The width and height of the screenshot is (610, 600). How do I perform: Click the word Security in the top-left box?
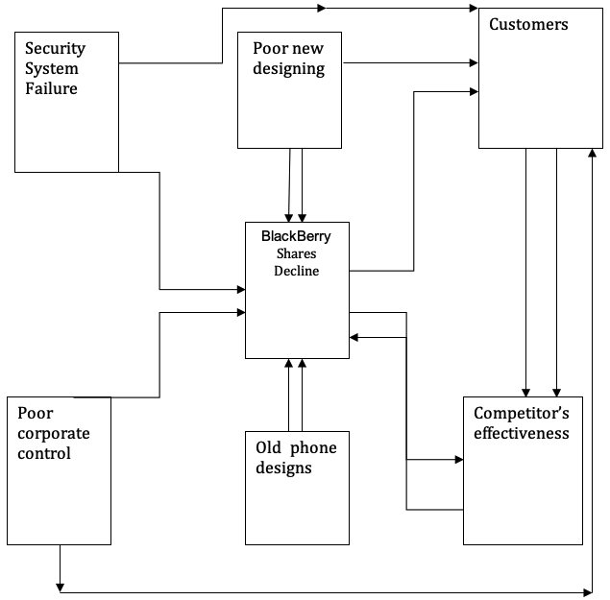coord(55,48)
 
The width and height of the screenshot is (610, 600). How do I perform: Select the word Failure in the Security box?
coord(51,89)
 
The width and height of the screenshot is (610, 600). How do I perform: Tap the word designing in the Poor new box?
coord(288,68)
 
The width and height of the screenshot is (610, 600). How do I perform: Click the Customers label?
coord(528,24)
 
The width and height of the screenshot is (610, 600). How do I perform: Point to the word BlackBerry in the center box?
coord(297,235)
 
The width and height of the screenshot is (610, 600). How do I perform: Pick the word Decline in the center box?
coord(297,271)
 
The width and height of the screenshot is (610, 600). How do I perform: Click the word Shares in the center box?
coord(297,253)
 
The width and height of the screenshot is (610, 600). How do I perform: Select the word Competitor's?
coord(522,413)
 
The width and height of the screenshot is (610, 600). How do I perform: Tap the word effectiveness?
coord(522,433)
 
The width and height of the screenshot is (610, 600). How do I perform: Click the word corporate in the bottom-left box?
coord(54,433)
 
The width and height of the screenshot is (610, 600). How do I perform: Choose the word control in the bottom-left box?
coord(44,453)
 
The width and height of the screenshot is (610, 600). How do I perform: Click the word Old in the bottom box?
coord(269,447)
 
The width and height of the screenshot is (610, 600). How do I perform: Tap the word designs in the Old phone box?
coord(283,468)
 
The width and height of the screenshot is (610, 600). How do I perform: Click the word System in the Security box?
coord(52,69)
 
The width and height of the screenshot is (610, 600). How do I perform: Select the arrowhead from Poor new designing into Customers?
coord(473,63)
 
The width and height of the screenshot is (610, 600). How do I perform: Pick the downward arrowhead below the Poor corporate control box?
coord(60,586)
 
